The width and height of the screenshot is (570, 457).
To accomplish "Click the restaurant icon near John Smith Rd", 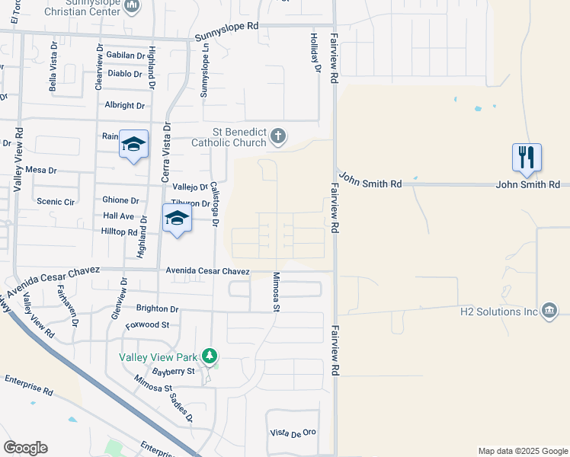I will pos(527,157).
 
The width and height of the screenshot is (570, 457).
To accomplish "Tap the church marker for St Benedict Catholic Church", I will pos(279,137).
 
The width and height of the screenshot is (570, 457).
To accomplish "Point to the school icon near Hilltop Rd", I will pos(177,218).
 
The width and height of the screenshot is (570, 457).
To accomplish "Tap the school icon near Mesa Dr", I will pos(133,144).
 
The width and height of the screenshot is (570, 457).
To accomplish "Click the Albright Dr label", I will pos(125,106).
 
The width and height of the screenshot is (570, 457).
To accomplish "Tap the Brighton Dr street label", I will pos(157,309).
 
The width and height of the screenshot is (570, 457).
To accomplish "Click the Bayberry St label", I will pos(174,371).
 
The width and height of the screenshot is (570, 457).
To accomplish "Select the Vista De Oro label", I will pos(293,433).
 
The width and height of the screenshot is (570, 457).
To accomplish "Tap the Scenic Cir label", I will pos(56,201).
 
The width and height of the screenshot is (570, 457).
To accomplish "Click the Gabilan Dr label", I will pos(126,56).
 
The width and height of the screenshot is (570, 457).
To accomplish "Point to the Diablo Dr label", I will pos(125,74).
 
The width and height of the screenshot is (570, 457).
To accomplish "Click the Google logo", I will pos(25,447).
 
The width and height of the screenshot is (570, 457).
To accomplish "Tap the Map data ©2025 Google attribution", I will pos(522,451).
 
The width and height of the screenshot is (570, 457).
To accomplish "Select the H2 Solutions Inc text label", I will pos(498,312).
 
